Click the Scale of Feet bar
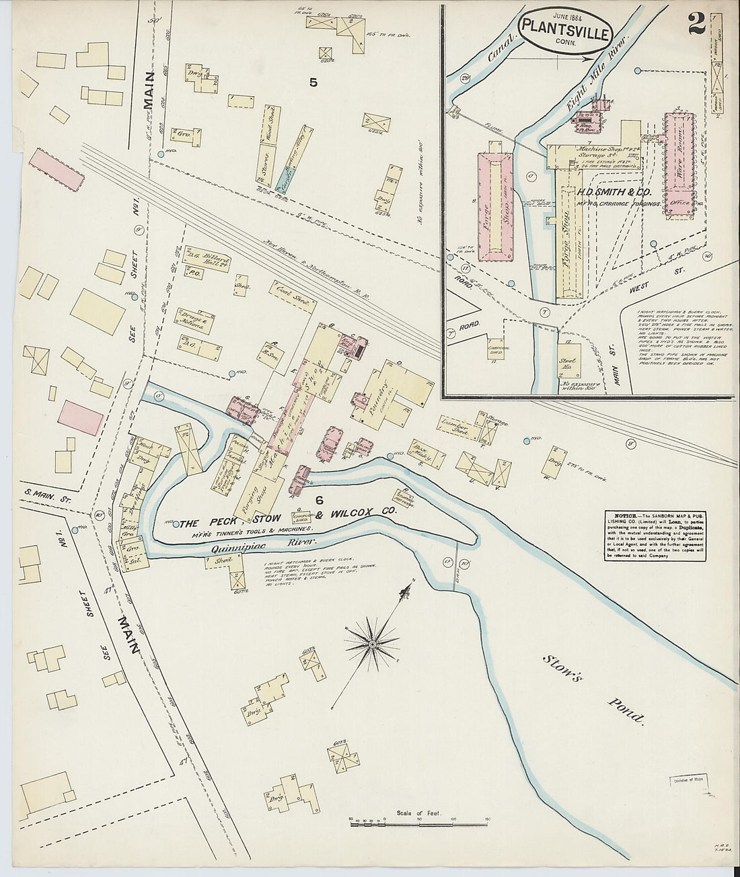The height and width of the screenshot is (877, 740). (x=418, y=821)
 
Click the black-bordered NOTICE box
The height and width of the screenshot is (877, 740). (x=653, y=536)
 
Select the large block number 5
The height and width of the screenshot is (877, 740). (x=313, y=83)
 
